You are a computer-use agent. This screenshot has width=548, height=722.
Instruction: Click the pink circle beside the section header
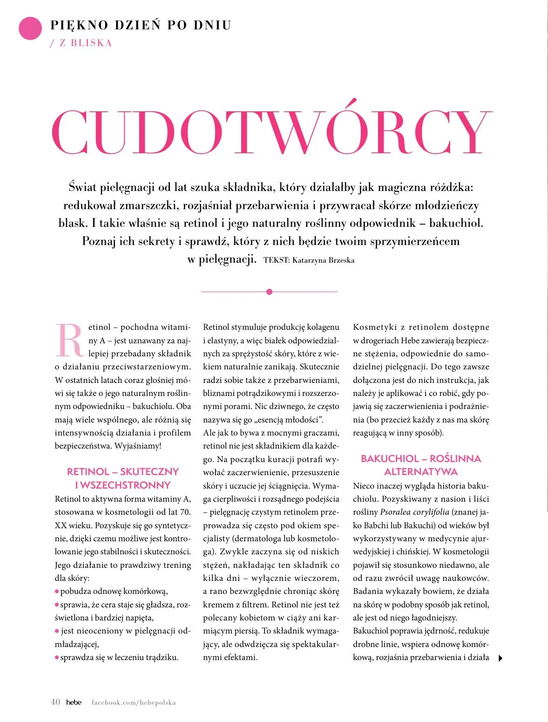(x=30, y=28)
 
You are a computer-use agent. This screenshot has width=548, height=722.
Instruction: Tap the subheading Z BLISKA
(x=85, y=43)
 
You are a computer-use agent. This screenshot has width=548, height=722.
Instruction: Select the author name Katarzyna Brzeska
(x=323, y=260)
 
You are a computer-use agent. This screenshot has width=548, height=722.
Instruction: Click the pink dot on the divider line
(x=269, y=292)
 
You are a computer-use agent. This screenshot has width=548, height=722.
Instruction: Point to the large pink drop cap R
(x=70, y=340)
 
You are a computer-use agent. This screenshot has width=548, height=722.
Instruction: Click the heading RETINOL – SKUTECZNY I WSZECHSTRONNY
(x=123, y=478)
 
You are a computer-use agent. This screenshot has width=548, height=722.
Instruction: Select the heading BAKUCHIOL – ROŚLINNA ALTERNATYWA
(x=421, y=465)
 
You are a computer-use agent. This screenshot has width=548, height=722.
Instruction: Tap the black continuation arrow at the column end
(x=501, y=658)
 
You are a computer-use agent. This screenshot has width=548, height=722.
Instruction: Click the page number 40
(x=55, y=702)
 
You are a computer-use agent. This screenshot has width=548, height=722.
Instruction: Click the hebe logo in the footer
(x=74, y=702)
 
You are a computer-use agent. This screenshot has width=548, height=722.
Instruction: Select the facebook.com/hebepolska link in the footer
(x=134, y=702)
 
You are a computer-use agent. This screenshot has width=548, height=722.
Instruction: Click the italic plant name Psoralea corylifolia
(x=414, y=512)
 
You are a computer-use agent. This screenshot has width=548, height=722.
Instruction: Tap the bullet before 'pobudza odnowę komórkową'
(x=57, y=592)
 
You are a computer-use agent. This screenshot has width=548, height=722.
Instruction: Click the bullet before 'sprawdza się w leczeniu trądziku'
(x=57, y=658)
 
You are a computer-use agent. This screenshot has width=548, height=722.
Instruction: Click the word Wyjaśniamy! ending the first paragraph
(x=138, y=446)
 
